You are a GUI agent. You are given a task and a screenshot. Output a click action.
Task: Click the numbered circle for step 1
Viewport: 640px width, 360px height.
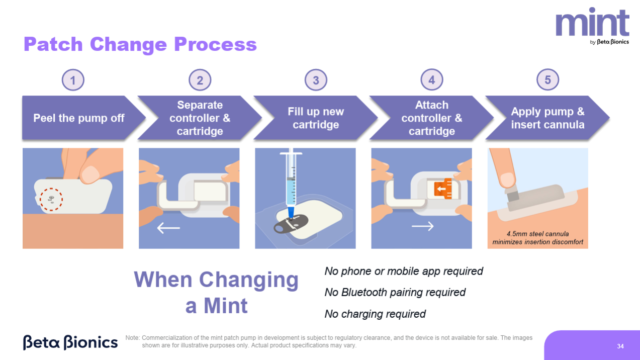[73, 80]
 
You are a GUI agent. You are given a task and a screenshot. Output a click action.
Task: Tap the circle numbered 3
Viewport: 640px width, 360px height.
[316, 80]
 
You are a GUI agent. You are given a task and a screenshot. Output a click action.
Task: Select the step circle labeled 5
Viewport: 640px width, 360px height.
[547, 80]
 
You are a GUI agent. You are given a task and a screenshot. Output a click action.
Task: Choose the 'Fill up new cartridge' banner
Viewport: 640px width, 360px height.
[316, 118]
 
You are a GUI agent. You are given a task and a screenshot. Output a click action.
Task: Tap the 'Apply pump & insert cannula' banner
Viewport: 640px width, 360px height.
[547, 118]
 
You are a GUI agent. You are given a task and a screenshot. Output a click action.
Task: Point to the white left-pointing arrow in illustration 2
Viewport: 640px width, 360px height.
[168, 228]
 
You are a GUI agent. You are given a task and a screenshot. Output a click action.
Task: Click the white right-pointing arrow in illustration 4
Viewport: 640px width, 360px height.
[423, 227]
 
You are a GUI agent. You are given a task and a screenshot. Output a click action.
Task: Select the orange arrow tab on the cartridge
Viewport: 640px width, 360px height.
[443, 189]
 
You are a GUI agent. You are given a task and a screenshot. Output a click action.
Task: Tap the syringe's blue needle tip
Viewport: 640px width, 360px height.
[291, 213]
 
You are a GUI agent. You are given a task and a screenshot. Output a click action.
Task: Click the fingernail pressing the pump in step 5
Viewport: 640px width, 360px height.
[507, 180]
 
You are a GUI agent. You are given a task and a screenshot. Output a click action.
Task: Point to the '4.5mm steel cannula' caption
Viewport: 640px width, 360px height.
[538, 234]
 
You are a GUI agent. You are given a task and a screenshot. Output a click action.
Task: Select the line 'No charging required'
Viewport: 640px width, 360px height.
[375, 314]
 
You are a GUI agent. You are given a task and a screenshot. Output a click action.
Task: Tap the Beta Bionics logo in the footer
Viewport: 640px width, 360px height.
[70, 342]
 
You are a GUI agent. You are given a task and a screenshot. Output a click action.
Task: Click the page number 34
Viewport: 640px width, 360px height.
[620, 346]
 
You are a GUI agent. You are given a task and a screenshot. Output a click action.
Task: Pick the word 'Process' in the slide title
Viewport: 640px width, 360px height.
[216, 44]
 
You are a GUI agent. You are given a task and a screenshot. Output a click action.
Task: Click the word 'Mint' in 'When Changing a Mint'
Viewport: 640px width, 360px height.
[225, 306]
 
